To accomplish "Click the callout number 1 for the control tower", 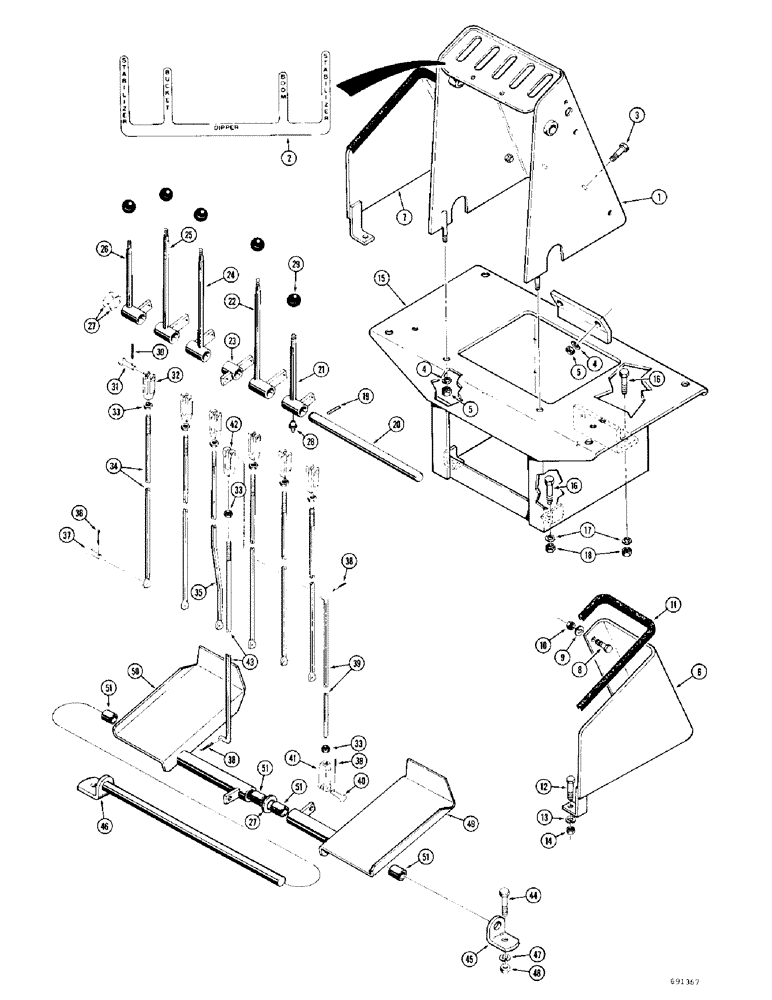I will pos(630,199).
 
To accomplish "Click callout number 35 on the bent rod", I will pos(198,591).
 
